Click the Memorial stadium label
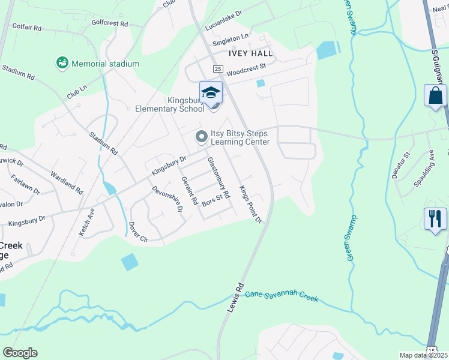[105, 64]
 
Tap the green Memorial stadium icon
[61, 62]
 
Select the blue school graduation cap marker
[211, 92]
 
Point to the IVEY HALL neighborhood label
[250, 53]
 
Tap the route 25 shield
[218, 69]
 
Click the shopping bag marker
[435, 96]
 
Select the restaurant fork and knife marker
[435, 218]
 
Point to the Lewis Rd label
[235, 297]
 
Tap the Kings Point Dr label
[251, 204]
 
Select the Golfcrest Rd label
[110, 23]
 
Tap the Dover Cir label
[138, 232]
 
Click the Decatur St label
[400, 165]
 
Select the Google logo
[20, 353]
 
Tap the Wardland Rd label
[67, 182]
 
